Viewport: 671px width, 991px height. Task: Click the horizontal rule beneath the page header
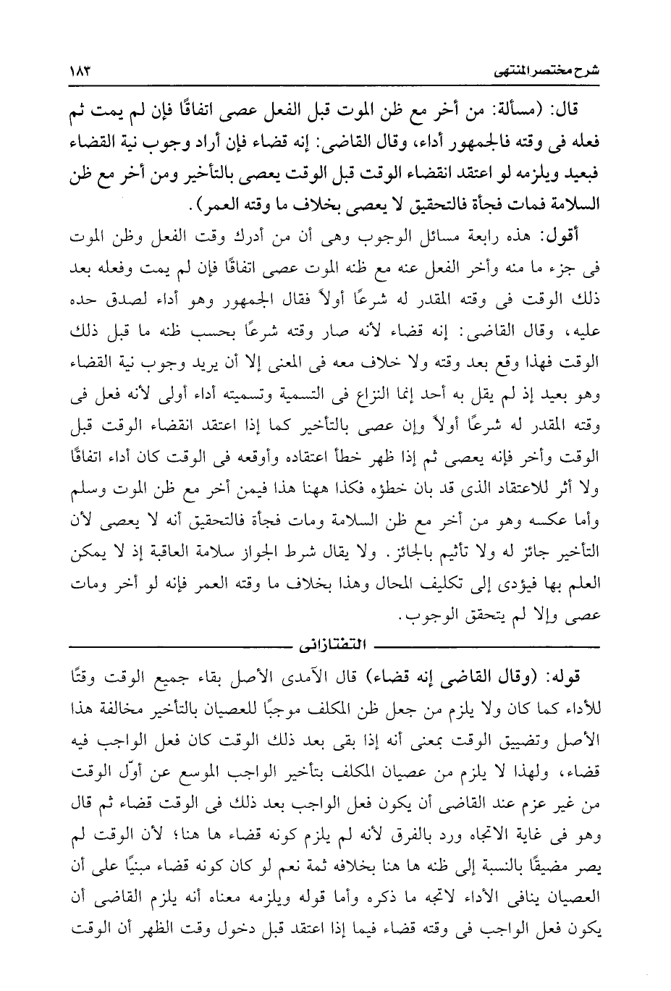(335, 89)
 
